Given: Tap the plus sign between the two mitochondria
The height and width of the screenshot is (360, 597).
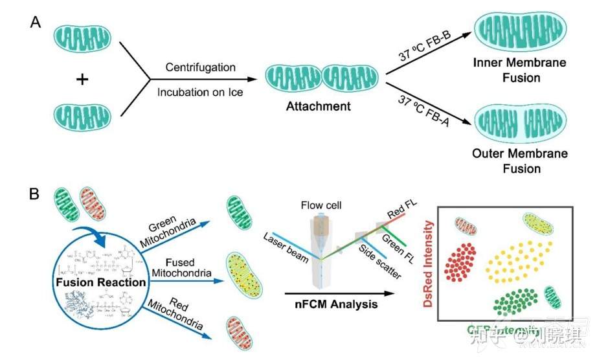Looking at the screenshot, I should [x=82, y=79].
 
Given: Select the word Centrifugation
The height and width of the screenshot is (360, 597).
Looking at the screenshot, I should [x=200, y=67].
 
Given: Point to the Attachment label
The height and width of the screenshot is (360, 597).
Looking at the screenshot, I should [x=319, y=106].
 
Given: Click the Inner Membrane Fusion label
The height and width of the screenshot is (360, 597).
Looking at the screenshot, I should [x=520, y=71].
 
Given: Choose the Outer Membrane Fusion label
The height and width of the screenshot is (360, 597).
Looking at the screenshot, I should [x=520, y=162].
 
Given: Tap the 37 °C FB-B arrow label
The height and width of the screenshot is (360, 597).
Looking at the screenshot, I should [x=426, y=47].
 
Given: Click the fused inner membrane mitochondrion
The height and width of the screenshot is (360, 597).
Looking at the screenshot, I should [x=520, y=30].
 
